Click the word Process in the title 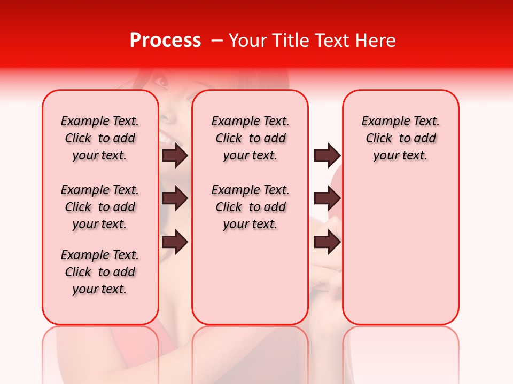165,41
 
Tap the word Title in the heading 289,41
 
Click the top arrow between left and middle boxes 175,155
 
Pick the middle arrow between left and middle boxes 175,199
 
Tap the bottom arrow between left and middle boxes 175,242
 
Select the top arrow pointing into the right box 327,155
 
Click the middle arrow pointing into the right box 327,199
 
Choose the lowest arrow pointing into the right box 327,242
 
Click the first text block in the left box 100,138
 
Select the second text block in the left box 100,207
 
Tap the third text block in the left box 100,272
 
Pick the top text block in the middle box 250,138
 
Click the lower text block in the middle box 250,207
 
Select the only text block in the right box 400,138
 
